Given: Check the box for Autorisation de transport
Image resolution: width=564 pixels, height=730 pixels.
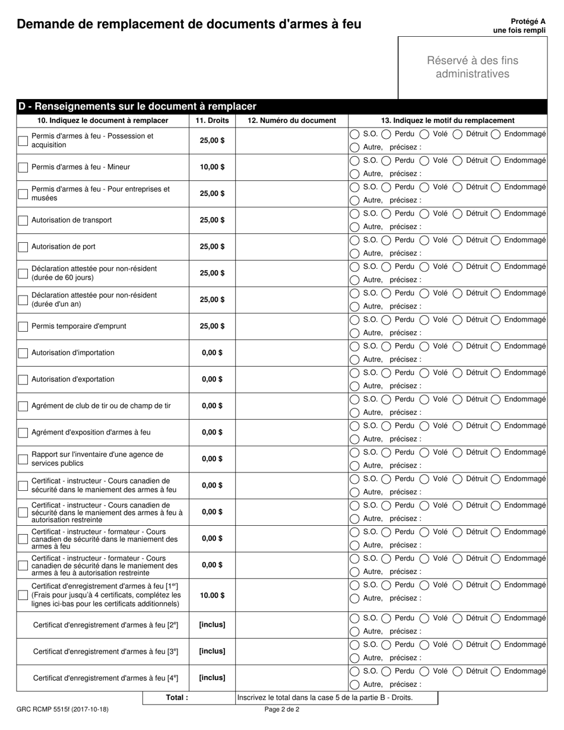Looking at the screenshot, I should [23, 220].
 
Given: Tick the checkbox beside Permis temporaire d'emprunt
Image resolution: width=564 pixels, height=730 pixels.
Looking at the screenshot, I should [23, 326].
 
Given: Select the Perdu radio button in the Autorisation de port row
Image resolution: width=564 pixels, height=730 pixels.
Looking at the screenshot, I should [386, 240].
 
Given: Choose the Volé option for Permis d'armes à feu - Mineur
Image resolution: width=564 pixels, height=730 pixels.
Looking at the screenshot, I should [425, 161].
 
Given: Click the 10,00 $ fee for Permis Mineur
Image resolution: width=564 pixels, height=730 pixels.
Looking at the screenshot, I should [212, 167].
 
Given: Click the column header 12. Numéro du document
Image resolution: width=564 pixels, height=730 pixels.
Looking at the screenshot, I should [291, 120].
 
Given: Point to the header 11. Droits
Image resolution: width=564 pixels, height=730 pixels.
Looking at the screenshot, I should [212, 120].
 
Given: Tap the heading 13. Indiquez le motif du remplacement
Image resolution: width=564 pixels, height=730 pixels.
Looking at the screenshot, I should [448, 120].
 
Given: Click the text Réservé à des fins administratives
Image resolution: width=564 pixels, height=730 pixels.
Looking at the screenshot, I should [472, 67].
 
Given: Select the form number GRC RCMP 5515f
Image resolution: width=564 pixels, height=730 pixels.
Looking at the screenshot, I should [62, 709].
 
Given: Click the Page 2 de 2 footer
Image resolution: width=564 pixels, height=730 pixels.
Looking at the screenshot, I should [282, 709].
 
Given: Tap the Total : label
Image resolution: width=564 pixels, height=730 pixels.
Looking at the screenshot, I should [177, 698].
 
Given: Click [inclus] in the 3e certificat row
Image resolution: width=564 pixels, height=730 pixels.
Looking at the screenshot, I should [212, 651].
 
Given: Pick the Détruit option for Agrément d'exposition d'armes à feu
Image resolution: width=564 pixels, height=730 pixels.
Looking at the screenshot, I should [458, 426].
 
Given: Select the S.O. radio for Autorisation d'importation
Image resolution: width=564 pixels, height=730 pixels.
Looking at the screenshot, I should [354, 347].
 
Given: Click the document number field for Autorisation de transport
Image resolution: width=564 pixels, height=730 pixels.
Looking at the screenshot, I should [291, 220].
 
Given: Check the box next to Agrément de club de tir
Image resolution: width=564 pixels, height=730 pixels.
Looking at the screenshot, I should [23, 406].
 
